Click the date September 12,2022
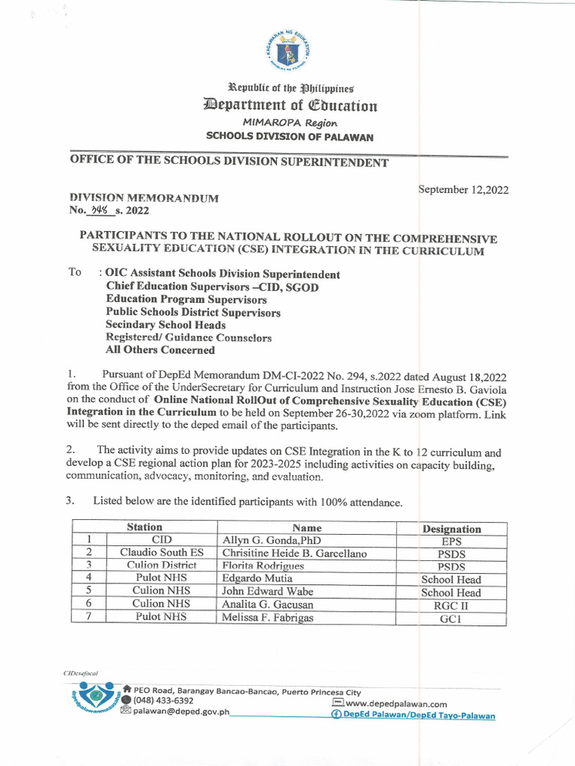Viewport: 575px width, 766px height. tap(463, 189)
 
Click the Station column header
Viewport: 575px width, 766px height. tap(144, 527)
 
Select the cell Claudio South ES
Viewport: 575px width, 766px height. tap(162, 553)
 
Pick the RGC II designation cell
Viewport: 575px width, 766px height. tap(451, 604)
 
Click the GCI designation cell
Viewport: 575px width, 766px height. tap(451, 618)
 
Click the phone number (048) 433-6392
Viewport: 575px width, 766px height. tap(163, 700)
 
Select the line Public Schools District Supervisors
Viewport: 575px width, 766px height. tap(193, 312)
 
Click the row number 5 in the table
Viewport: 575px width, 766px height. tap(89, 591)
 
